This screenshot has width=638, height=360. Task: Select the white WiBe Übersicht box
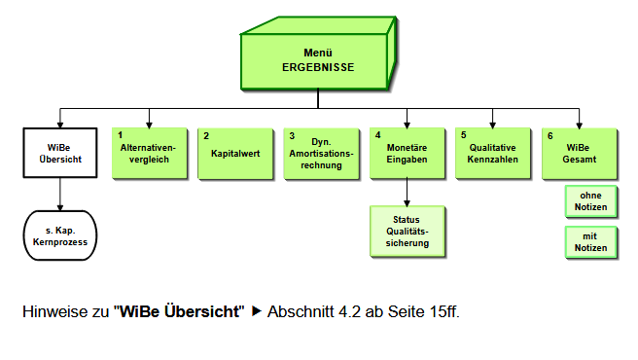pyautogui.click(x=60, y=153)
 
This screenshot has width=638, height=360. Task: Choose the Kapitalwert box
pyautogui.click(x=231, y=153)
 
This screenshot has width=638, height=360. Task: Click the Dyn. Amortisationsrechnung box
pyautogui.click(x=318, y=153)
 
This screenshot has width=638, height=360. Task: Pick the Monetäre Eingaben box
pyautogui.click(x=404, y=153)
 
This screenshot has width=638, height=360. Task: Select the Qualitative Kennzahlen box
pyautogui.click(x=490, y=153)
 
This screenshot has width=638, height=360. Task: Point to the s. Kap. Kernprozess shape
pyautogui.click(x=60, y=236)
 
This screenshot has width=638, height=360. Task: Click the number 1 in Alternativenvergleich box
pyautogui.click(x=120, y=135)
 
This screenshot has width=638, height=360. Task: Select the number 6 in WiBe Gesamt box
pyautogui.click(x=549, y=135)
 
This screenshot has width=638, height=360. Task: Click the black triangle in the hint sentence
pyautogui.click(x=257, y=312)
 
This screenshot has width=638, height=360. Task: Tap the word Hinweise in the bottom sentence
pyautogui.click(x=53, y=312)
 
